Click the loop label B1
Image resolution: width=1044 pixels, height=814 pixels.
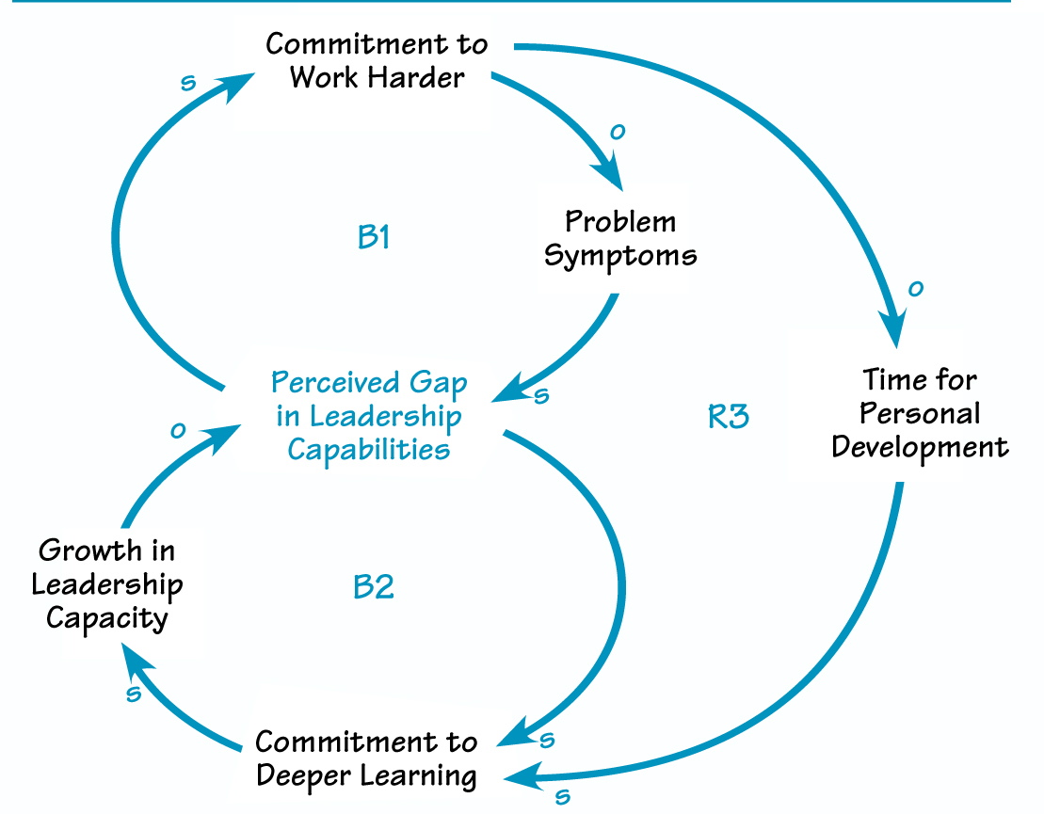(374, 237)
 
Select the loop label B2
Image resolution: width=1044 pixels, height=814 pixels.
(373, 587)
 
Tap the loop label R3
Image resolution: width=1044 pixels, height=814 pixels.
(729, 416)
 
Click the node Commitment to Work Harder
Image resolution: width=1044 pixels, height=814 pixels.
(377, 60)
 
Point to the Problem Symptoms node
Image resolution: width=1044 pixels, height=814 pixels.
(620, 238)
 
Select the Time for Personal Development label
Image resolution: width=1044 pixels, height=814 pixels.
(920, 413)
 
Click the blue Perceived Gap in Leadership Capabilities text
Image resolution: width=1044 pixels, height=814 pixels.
(369, 415)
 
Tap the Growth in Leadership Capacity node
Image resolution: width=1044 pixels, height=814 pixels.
(106, 583)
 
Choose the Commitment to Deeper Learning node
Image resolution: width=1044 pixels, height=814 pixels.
(366, 758)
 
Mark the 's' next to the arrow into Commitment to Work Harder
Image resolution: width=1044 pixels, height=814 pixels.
(188, 83)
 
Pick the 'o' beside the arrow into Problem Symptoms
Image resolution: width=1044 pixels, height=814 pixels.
(617, 132)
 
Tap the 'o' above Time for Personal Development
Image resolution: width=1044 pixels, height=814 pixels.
(913, 289)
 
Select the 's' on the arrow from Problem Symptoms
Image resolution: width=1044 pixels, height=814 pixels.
(540, 395)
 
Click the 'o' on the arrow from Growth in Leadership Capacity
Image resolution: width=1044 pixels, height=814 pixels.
(176, 430)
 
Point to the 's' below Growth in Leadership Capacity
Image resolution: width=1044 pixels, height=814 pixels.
(133, 694)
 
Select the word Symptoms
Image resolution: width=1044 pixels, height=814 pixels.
(620, 255)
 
